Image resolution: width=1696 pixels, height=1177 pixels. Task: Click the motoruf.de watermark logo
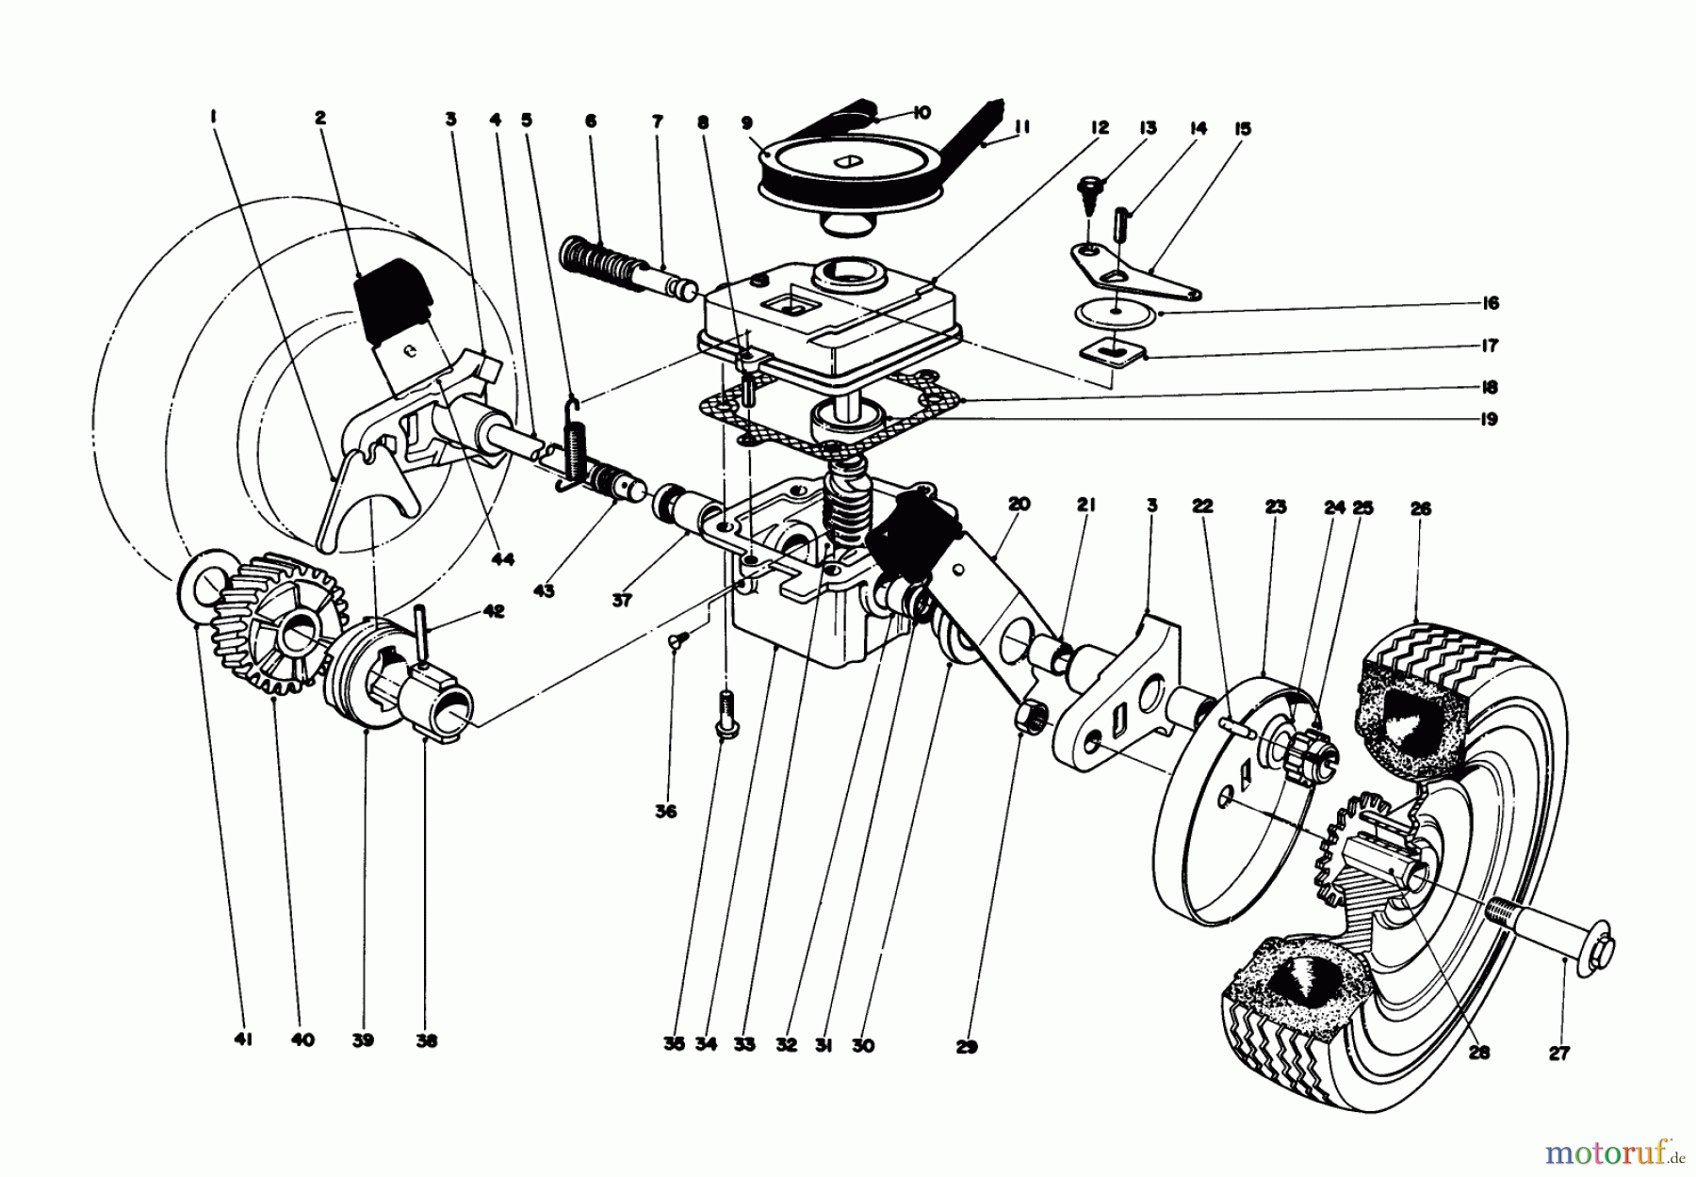1621,1152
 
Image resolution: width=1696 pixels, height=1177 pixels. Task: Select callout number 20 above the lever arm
1018,504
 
